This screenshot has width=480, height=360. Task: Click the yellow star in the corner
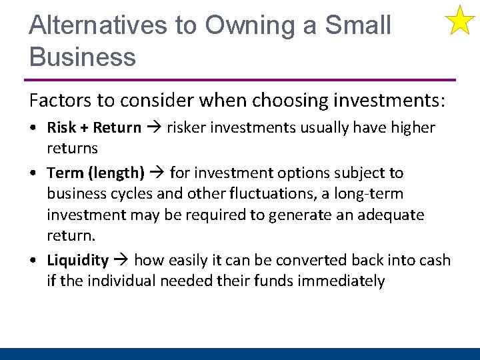click(x=459, y=20)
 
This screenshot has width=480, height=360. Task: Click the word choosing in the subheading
click(x=287, y=101)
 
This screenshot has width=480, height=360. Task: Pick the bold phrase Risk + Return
click(x=94, y=127)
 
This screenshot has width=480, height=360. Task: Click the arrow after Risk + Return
click(x=154, y=127)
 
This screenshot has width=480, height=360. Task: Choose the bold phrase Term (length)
click(x=95, y=173)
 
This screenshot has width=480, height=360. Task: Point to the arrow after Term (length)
click(x=157, y=173)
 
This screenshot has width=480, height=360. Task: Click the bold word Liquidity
click(x=77, y=260)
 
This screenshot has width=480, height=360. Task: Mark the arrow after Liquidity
click(x=121, y=260)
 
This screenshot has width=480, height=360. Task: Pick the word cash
click(x=432, y=260)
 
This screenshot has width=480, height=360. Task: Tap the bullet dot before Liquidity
click(x=33, y=261)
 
